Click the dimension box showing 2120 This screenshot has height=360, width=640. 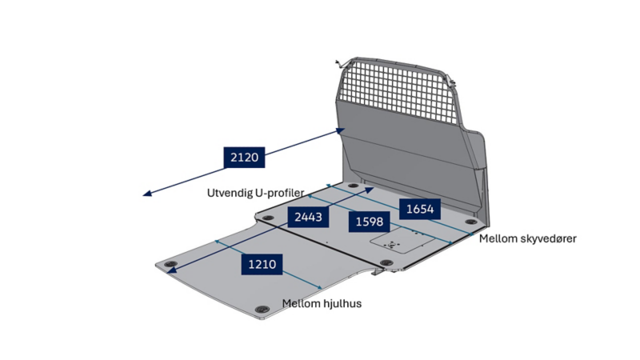(x=244, y=157)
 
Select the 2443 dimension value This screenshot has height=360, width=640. (x=308, y=217)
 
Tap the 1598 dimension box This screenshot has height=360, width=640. (x=370, y=222)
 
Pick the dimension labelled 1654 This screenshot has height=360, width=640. (x=420, y=209)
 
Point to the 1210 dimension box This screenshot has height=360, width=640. (x=262, y=264)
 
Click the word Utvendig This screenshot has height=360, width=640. (x=230, y=193)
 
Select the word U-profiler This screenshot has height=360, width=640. (x=279, y=193)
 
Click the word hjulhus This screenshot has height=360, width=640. (x=342, y=304)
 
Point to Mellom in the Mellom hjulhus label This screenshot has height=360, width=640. (x=302, y=304)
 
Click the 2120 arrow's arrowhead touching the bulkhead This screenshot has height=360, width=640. (x=341, y=130)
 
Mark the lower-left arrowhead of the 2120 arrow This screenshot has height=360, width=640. (x=147, y=194)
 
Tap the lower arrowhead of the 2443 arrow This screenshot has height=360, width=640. (x=172, y=270)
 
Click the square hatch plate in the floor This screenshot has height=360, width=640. (x=402, y=241)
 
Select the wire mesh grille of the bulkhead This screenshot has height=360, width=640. (x=397, y=90)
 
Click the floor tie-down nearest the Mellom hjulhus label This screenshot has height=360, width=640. (x=262, y=310)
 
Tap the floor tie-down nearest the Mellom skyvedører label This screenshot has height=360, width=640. (x=471, y=222)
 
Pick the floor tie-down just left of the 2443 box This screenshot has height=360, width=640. (x=268, y=218)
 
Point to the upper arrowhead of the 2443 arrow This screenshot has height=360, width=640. (x=370, y=190)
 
